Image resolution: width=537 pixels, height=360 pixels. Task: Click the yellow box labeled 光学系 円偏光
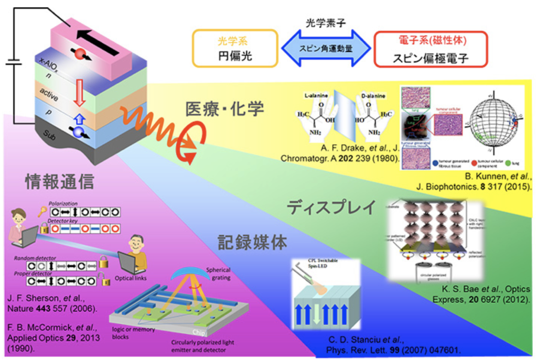234,48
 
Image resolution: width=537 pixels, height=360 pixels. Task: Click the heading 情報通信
59,181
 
